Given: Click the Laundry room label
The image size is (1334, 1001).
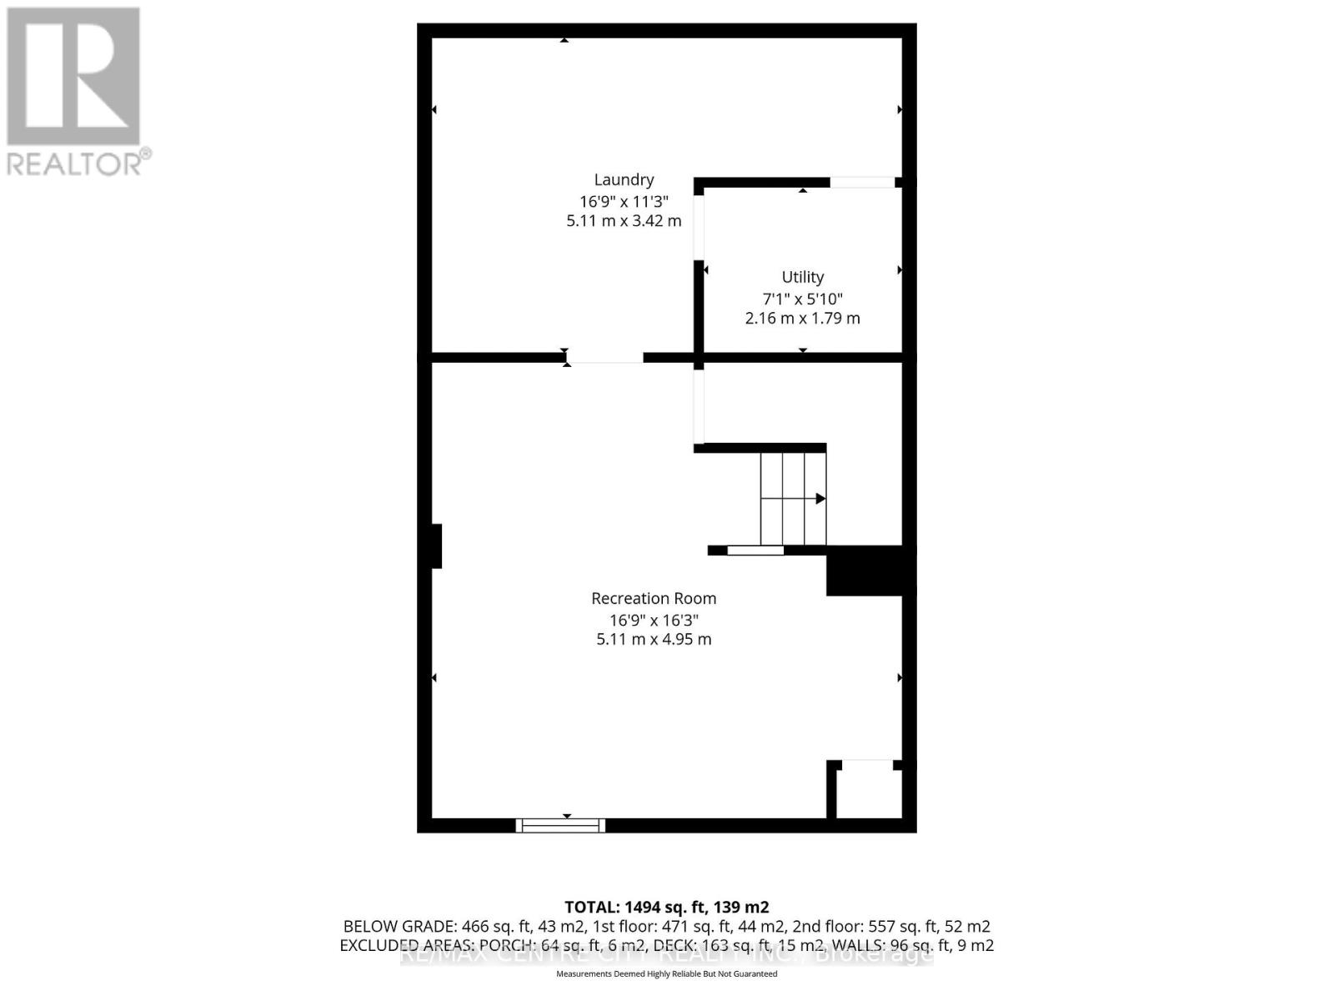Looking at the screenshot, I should pyautogui.click(x=624, y=179).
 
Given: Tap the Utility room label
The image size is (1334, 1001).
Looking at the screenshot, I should pyautogui.click(x=802, y=277).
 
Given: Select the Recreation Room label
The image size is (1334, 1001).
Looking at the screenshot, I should pyautogui.click(x=654, y=598).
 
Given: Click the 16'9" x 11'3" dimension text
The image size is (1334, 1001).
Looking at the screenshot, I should pyautogui.click(x=624, y=201).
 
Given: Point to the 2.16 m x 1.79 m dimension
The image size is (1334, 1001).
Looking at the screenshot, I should pyautogui.click(x=802, y=318).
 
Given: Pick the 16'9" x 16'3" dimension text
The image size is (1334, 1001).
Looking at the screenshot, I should pyautogui.click(x=654, y=620).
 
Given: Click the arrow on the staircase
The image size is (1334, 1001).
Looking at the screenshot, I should pyautogui.click(x=820, y=499).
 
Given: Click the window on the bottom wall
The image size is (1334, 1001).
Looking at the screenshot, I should pyautogui.click(x=560, y=826).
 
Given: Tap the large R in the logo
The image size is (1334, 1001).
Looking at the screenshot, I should pyautogui.click(x=73, y=77).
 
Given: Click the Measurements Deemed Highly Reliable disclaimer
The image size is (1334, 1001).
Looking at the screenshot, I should pyautogui.click(x=666, y=973).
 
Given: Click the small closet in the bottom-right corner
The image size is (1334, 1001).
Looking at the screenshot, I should pyautogui.click(x=869, y=791).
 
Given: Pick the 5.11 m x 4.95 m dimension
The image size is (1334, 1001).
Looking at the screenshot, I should pyautogui.click(x=654, y=639).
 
